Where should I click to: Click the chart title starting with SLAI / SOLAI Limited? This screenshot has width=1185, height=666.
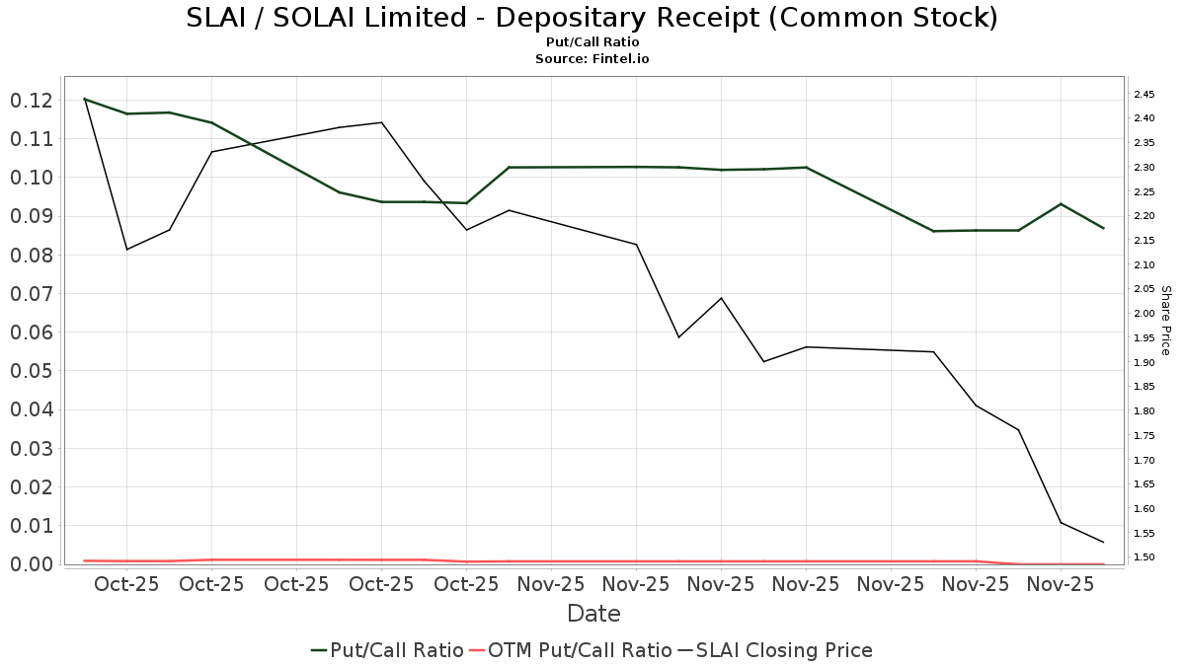[x=592, y=18]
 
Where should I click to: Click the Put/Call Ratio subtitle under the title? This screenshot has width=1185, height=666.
[x=592, y=42]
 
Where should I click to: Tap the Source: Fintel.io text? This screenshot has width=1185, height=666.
[x=592, y=59]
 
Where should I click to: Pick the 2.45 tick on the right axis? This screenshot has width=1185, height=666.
[x=1145, y=94]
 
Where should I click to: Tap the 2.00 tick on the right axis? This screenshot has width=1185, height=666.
[x=1145, y=314]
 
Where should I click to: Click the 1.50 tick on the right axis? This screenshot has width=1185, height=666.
[x=1145, y=557]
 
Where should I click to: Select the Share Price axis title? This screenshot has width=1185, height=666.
[x=1165, y=320]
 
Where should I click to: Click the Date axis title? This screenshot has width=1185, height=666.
[x=593, y=614]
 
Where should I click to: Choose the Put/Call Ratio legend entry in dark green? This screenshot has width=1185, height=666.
[x=387, y=650]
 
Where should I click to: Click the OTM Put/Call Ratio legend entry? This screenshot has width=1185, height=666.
[x=570, y=650]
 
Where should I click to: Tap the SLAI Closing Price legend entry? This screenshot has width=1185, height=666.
[x=774, y=650]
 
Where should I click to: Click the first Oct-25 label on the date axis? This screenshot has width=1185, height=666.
[x=127, y=584]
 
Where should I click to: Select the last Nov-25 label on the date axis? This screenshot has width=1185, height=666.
[x=1061, y=584]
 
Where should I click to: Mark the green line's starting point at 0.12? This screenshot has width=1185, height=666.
[x=85, y=99]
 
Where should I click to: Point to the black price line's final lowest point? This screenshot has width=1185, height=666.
[x=1103, y=542]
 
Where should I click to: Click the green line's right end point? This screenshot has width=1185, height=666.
[x=1103, y=228]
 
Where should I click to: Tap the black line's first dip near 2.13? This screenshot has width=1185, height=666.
[x=126, y=249]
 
